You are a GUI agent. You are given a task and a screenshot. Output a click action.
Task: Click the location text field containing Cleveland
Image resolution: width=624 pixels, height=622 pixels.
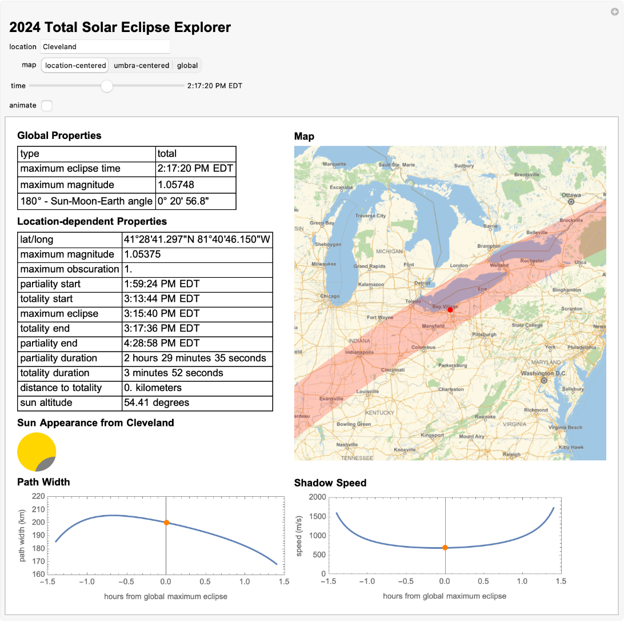click(x=105, y=47)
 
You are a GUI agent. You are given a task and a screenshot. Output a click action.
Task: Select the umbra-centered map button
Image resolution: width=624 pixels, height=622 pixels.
click(x=141, y=66)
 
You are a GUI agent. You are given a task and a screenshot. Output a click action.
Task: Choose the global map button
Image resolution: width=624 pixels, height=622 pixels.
click(x=187, y=66)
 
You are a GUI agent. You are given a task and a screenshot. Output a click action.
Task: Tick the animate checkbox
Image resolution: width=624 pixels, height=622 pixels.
click(x=47, y=106)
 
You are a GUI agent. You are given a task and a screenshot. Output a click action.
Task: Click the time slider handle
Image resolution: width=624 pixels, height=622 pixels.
click(x=107, y=86)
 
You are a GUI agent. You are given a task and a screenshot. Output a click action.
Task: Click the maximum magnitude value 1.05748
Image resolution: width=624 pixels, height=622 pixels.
click(x=175, y=185)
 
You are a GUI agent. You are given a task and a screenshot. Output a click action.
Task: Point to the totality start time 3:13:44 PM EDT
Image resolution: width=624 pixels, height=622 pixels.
click(x=161, y=299)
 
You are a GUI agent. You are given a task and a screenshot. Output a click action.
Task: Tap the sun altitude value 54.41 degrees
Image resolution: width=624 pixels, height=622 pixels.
click(x=156, y=403)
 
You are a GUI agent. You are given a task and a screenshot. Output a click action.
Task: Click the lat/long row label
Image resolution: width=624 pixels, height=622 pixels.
click(x=37, y=240)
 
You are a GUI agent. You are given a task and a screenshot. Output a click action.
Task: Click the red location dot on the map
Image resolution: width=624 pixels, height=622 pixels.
click(x=450, y=309)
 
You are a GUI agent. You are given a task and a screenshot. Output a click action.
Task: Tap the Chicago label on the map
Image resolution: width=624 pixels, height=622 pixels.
click(x=330, y=296)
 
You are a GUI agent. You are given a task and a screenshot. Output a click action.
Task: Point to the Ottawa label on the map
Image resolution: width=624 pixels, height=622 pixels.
click(x=571, y=196)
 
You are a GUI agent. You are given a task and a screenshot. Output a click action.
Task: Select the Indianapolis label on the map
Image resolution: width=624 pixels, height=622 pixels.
click(x=359, y=352)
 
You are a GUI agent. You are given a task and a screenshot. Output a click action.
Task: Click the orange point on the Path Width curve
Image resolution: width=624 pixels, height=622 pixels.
click(x=166, y=523)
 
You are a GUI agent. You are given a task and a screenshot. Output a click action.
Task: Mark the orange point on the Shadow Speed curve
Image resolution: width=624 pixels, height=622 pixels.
click(x=445, y=548)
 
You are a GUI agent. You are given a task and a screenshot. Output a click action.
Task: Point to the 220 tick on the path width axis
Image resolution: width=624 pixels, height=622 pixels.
click(x=39, y=496)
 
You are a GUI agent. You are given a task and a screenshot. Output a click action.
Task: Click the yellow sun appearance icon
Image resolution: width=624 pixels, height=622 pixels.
click(x=37, y=452)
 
